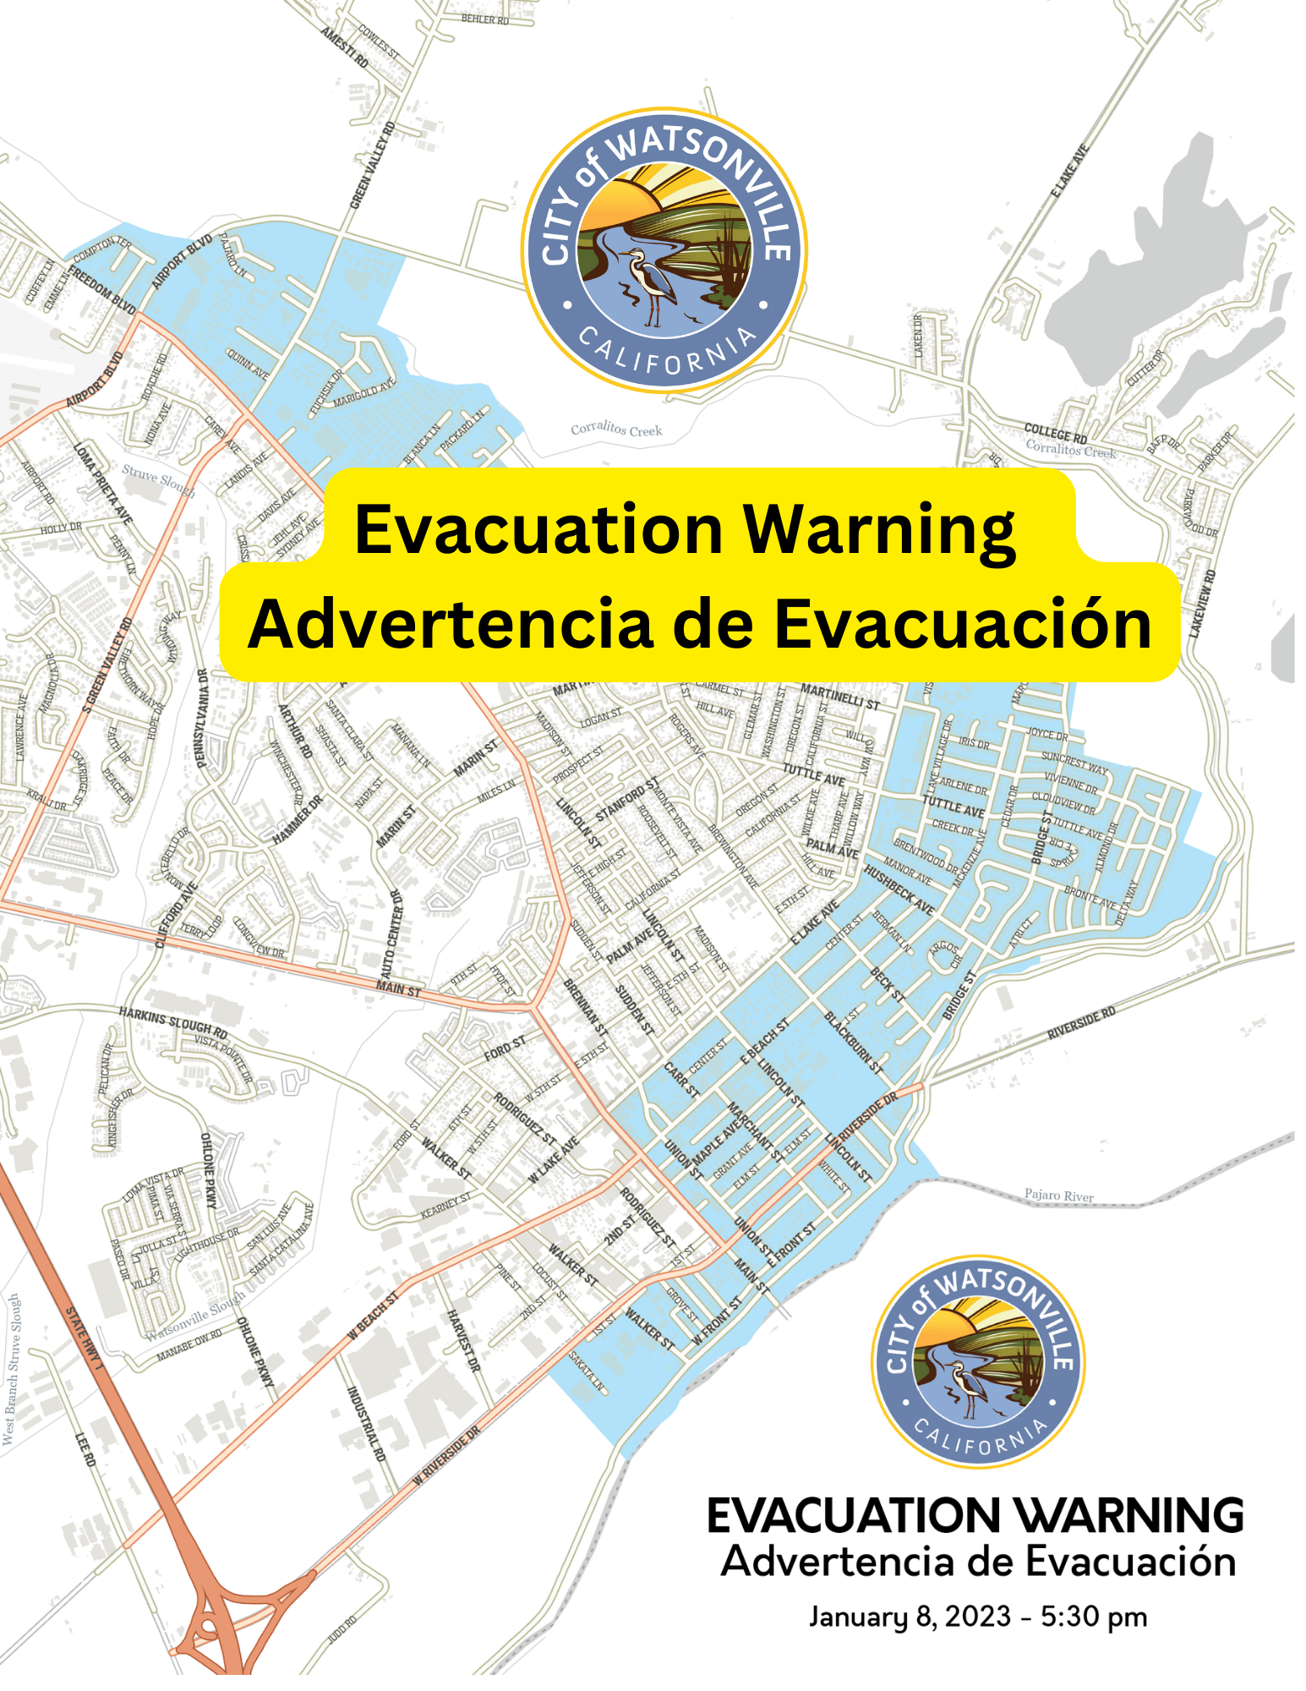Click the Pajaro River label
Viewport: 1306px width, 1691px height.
pos(1059,1196)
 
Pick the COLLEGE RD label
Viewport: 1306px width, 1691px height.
pos(1056,434)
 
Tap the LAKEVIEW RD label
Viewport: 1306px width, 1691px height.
pos(1203,604)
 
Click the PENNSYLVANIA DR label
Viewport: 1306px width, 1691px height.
pos(202,718)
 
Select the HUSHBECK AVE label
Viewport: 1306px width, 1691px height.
pos(898,889)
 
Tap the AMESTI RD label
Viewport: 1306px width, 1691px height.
pos(345,47)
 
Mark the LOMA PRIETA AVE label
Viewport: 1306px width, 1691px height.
pos(103,482)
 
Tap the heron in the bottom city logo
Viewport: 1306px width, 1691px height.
pos(964,1387)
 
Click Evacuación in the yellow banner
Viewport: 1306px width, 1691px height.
pos(964,624)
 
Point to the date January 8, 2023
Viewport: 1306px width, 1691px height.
pos(909,1616)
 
